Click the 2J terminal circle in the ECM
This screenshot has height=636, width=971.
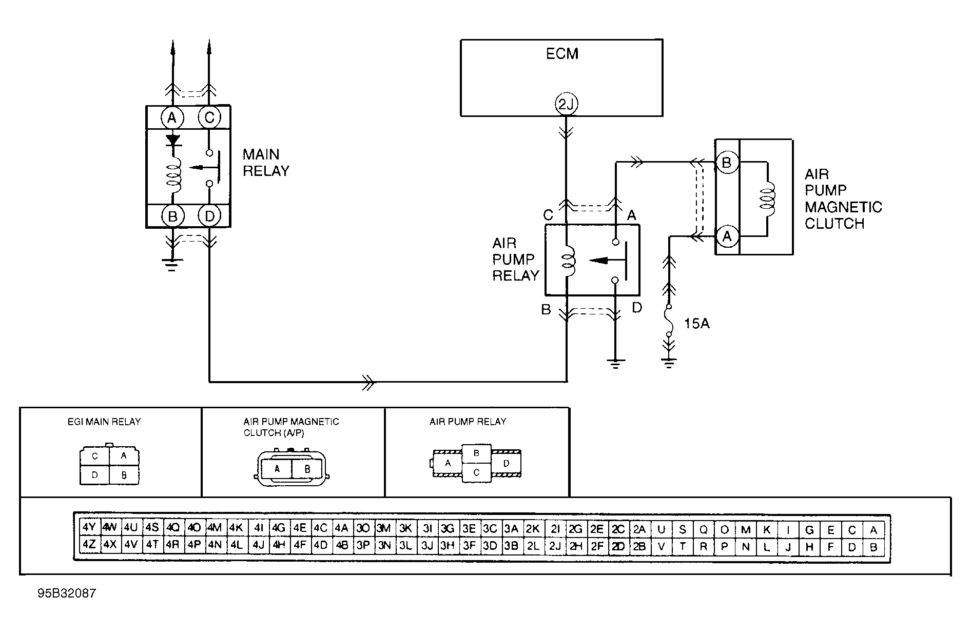566,105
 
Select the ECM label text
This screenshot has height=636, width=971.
562,54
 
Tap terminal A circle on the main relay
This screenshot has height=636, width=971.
172,118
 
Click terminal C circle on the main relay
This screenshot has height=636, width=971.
209,118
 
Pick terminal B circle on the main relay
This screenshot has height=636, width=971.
172,216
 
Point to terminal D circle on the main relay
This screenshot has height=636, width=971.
209,216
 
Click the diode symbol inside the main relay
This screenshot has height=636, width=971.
172,140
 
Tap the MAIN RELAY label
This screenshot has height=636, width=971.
266,163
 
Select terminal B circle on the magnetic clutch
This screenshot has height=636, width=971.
726,163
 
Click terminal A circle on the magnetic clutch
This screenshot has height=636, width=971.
726,236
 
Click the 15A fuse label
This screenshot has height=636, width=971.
696,324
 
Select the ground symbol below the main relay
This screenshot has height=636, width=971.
172,264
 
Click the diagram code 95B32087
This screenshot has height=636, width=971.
67,593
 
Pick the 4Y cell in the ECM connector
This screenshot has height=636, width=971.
89,527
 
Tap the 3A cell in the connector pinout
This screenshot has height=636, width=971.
511,527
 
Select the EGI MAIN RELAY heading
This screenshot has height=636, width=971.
104,422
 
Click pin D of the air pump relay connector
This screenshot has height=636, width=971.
506,463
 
